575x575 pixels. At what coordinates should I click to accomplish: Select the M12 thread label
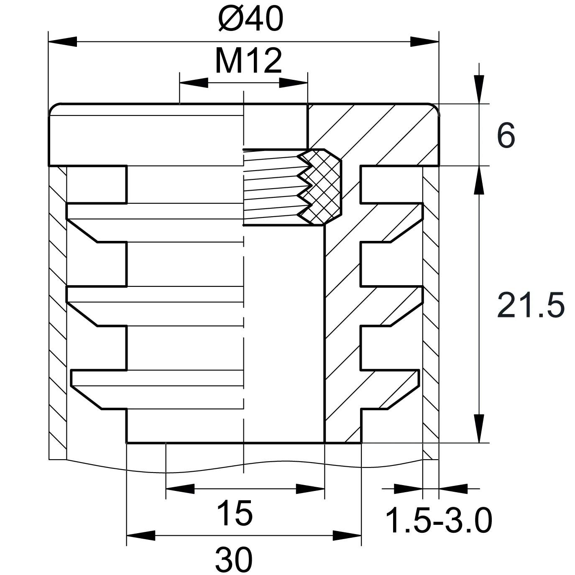(248, 61)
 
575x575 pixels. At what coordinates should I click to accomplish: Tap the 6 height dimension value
(506, 135)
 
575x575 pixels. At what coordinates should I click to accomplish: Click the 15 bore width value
(235, 513)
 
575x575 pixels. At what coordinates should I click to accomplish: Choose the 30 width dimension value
(234, 560)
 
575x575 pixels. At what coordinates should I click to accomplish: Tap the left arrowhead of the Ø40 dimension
(63, 42)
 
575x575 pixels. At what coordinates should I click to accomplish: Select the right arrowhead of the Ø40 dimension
(424, 42)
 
